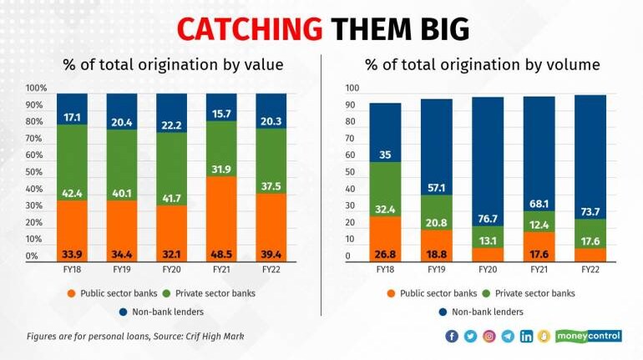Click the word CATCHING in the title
pos(249,29)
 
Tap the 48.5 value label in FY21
pos(221,255)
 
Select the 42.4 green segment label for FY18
pos(73,192)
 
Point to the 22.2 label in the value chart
pos(172,124)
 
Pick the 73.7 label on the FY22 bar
pos(590,210)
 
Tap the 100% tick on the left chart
pos(37,89)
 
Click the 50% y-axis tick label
pos(36,172)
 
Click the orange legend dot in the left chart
pos(73,293)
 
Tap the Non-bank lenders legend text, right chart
pos(488,312)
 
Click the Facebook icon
pos(452,336)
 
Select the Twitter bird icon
pos(470,336)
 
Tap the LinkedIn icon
pos(526,336)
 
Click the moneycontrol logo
pos(588,336)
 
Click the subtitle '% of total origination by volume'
pos(481,64)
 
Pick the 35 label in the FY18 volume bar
pos(385,155)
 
